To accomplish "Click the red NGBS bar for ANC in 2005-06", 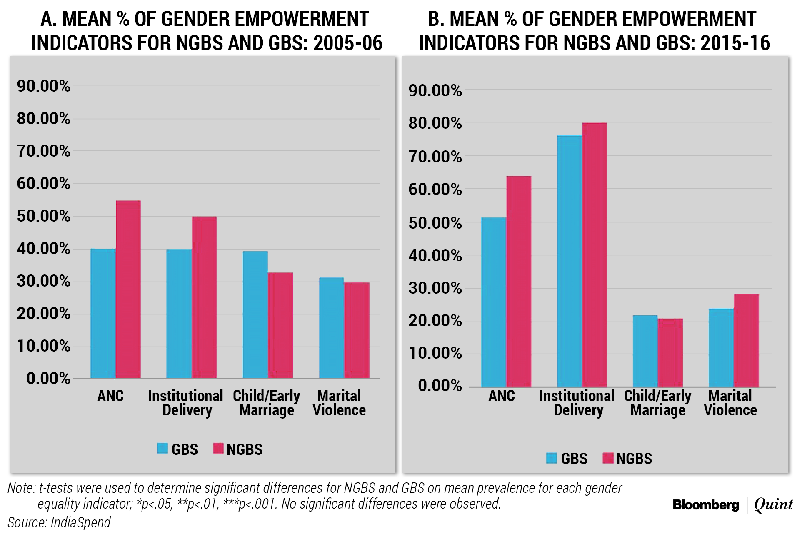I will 128,289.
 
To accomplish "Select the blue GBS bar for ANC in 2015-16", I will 494,302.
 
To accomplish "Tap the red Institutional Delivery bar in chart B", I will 595,255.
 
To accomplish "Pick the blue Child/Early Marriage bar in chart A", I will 255,315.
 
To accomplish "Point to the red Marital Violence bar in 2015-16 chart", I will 746,340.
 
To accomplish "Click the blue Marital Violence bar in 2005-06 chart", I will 332,328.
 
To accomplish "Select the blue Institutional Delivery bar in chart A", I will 179,314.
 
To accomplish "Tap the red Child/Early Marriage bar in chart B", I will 670,353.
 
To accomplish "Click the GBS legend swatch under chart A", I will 162,449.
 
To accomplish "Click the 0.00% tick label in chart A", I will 48,379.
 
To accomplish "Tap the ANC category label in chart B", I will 502,396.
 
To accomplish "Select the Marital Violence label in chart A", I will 339,403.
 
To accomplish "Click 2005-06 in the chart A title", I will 348,43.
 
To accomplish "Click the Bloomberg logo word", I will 706,505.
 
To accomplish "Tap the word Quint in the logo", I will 774,505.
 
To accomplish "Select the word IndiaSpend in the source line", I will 80,522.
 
